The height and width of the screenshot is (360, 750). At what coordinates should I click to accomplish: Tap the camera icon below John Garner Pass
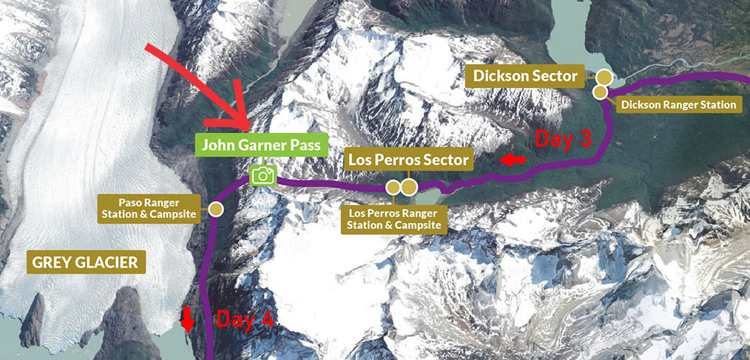pos(263,175)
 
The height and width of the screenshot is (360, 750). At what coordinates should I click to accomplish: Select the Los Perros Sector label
pos(409,160)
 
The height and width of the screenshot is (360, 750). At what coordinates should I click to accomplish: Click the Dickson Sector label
pos(524,75)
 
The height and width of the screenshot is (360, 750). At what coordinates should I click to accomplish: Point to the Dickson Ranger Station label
pos(679,105)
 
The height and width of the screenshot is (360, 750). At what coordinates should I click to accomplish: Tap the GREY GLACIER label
pos(85,262)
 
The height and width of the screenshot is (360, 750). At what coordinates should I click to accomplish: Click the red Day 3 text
pos(564,139)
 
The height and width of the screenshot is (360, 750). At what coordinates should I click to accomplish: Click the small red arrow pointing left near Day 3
pos(513,160)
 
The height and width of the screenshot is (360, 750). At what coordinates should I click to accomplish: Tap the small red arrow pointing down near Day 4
pos(187,320)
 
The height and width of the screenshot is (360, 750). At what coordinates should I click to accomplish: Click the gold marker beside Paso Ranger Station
pos(216,209)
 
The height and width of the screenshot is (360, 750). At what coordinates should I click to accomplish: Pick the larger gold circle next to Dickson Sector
pos(604,77)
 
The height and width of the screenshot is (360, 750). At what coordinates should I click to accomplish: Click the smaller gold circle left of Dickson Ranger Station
pos(600,92)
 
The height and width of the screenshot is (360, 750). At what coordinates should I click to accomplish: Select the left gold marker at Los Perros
pos(394,187)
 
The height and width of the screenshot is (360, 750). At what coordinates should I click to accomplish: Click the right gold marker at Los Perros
pos(408,187)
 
